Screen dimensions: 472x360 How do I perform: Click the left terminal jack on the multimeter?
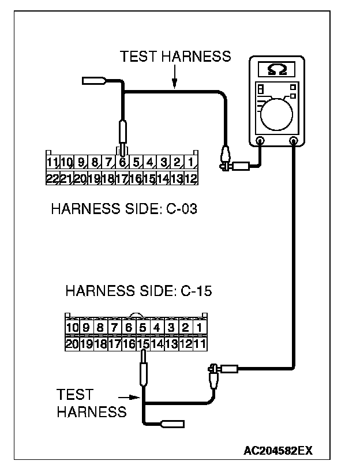tap(260, 140)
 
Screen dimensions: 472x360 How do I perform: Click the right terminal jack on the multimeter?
tap(294, 140)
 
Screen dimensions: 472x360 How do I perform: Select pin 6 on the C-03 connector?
tap(122, 163)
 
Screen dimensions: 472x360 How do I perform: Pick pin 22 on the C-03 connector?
tap(52, 178)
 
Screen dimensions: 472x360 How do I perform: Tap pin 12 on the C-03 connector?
tap(192, 178)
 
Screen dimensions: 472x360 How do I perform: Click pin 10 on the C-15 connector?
tap(72, 328)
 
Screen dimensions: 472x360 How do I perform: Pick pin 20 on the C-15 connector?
tap(72, 344)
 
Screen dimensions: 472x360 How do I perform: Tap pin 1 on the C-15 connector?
tap(200, 328)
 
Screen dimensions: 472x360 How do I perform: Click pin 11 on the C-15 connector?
tap(200, 344)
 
